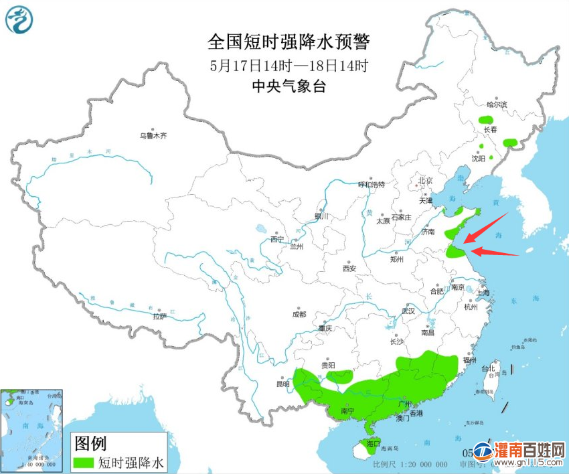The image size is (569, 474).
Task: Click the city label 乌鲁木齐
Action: (153, 136)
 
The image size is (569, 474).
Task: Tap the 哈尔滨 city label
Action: (497, 104)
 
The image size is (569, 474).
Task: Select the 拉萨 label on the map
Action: (159, 316)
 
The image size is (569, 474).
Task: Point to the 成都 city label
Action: (299, 314)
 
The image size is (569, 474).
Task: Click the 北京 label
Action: (426, 181)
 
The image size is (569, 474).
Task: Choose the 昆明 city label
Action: (282, 384)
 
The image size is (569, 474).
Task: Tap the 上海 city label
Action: (482, 293)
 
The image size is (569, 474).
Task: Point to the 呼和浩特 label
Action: (372, 184)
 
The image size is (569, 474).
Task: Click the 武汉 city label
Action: (408, 311)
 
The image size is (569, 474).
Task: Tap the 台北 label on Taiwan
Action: (488, 368)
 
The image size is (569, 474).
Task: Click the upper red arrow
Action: (487, 226)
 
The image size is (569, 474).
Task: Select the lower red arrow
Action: (495, 253)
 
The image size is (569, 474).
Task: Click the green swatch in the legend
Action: (84, 462)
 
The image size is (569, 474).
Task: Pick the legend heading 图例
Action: (91, 443)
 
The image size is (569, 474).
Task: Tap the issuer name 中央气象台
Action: (289, 86)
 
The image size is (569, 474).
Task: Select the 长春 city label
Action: (489, 129)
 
